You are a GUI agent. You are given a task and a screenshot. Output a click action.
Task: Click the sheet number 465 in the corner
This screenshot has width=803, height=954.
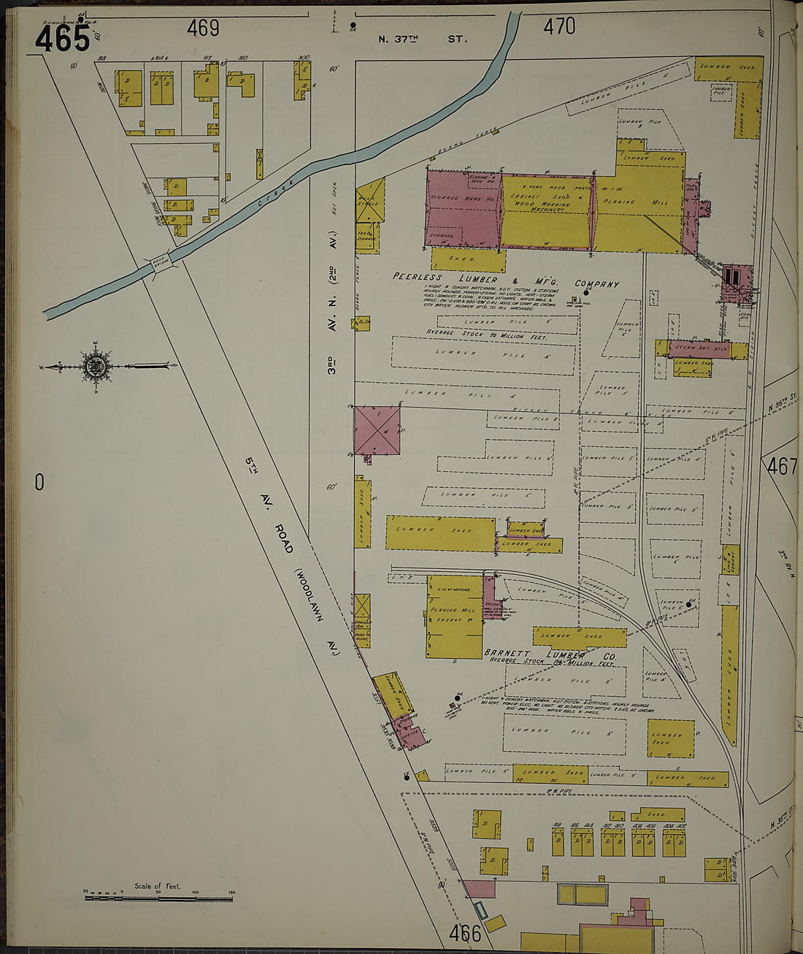[62, 38]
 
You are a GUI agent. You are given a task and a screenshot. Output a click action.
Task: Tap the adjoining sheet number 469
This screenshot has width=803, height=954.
[203, 28]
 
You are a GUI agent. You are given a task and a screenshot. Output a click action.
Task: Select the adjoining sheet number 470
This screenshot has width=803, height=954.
[559, 27]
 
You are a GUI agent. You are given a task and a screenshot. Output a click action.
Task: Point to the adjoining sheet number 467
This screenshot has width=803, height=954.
[781, 466]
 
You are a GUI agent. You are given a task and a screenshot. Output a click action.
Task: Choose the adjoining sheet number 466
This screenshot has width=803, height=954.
[465, 934]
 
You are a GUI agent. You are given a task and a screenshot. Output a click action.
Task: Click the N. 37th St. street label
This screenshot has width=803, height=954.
[422, 38]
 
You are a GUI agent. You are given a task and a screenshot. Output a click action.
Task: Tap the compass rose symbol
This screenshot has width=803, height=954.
[96, 366]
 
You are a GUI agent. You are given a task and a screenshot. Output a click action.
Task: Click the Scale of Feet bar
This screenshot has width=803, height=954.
[158, 896]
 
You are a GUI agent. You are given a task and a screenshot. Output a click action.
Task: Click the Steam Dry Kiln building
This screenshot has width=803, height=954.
[699, 348]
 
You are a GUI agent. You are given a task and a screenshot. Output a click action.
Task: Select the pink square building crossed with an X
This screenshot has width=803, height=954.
[377, 431]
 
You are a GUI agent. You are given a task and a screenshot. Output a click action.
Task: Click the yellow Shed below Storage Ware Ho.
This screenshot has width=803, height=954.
[466, 259]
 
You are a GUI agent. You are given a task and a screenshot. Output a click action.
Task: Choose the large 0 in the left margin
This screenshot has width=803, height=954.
[39, 482]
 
